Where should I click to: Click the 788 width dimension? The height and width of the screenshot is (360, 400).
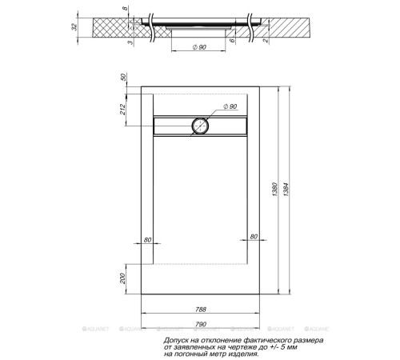pos(201,310)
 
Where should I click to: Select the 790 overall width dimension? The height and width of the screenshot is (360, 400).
pos(201,323)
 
